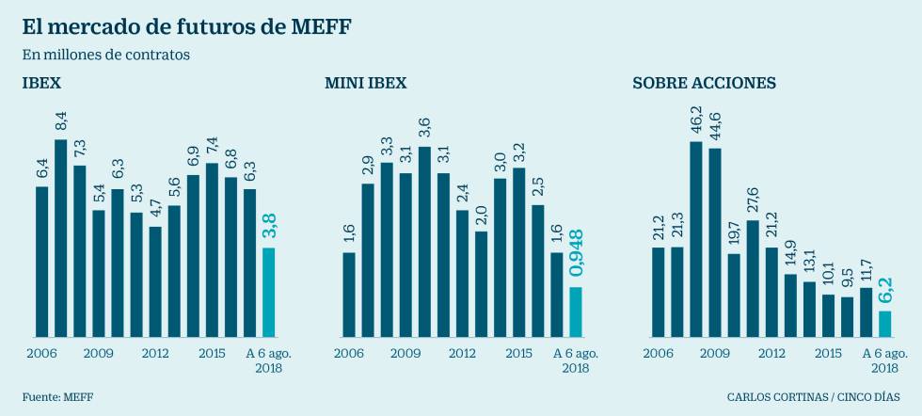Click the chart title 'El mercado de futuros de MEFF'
point(186,26)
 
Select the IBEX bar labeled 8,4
point(61,238)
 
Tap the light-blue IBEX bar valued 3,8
point(268,292)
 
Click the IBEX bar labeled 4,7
point(155,281)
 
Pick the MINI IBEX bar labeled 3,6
point(424,242)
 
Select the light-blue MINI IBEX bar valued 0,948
point(576,312)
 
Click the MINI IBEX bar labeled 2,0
point(481,283)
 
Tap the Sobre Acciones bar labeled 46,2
point(696,239)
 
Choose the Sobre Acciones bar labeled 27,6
point(753,279)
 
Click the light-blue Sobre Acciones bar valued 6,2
point(884,324)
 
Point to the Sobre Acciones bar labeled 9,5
point(847,317)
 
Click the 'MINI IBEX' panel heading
point(366,83)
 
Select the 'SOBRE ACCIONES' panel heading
point(705,83)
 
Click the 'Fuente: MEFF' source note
point(58,396)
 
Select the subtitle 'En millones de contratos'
point(106,55)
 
